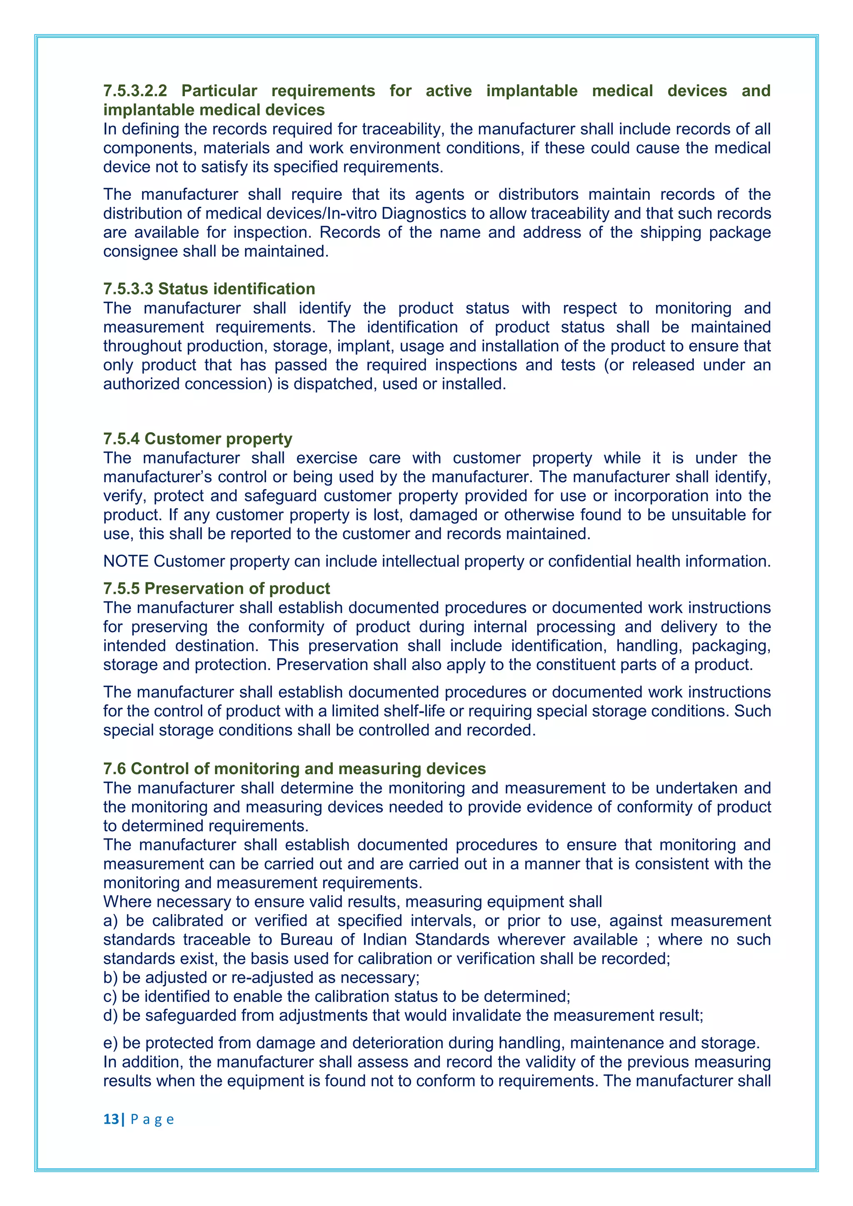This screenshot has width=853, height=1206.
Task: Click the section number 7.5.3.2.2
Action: pyautogui.click(x=135, y=91)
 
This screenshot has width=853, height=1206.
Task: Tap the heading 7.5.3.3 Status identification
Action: pyautogui.click(x=209, y=289)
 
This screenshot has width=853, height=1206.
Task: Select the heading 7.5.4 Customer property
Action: pyautogui.click(x=197, y=439)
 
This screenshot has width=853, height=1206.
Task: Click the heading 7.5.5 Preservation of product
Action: pyautogui.click(x=217, y=588)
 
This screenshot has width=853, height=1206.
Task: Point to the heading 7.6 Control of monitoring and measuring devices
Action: pyautogui.click(x=294, y=768)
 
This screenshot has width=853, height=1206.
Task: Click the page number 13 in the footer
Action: pyautogui.click(x=111, y=1119)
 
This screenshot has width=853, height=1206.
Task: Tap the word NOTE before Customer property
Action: pyautogui.click(x=126, y=561)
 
